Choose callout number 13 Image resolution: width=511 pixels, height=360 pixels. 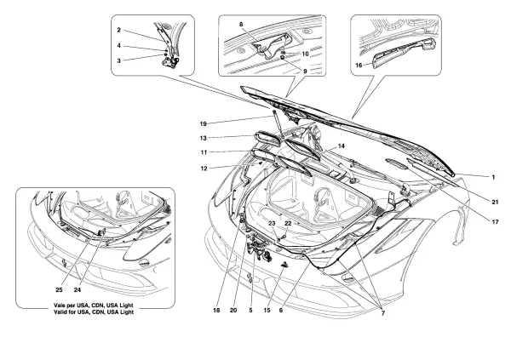pyautogui.click(x=228, y=136)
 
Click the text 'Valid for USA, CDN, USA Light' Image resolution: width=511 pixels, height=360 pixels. pyautogui.click(x=79, y=311)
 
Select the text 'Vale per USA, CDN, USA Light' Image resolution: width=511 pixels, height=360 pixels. pyautogui.click(x=79, y=304)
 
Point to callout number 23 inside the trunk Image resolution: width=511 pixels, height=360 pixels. pyautogui.click(x=273, y=223)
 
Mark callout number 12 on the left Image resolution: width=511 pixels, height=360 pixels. pyautogui.click(x=228, y=168)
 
